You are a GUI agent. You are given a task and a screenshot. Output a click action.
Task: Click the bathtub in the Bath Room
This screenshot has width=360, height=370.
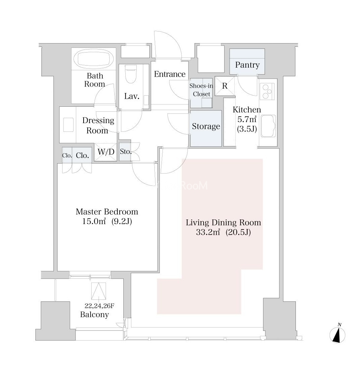click(94, 59)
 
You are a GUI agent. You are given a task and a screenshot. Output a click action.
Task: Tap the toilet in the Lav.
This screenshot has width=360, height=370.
click(131, 74)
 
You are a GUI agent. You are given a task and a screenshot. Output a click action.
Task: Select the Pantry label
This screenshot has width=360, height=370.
click(247, 65)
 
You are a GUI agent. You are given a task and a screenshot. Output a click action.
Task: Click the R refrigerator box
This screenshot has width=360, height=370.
click(225, 86)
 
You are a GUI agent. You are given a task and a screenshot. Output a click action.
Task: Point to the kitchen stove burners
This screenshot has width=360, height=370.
click(267, 91)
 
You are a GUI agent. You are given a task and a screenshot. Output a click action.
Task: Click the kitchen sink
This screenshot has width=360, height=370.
click(268, 126)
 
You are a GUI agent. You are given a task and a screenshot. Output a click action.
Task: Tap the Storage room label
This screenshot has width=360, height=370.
click(206, 126)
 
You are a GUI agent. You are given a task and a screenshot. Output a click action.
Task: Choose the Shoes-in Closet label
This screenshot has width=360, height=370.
click(201, 90)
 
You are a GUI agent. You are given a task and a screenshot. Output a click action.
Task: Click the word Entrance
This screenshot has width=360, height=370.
click(170, 74)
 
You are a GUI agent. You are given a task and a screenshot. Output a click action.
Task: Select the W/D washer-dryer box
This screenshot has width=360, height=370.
click(106, 152)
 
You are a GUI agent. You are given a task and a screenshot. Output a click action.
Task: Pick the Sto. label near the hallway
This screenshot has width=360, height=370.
click(126, 152)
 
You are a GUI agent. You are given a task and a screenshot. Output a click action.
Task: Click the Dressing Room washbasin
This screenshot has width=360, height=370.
click(68, 124)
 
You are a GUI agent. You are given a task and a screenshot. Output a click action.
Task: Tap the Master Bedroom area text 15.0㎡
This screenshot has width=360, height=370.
click(94, 221)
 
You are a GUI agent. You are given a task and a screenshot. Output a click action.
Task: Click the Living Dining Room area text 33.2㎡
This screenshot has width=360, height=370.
click(208, 233)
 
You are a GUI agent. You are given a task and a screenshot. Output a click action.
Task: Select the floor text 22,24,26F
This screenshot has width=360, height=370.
click(99, 306)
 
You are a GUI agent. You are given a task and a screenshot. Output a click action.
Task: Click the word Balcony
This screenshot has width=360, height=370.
click(95, 314)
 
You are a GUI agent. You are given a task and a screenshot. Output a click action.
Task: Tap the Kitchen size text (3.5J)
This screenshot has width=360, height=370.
click(247, 129)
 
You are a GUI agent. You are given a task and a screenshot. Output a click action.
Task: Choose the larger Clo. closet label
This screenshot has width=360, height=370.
click(82, 156)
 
